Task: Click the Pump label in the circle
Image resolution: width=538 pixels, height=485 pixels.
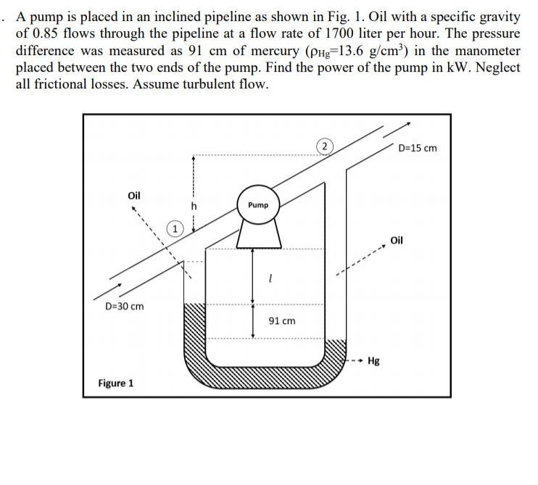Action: tap(257, 205)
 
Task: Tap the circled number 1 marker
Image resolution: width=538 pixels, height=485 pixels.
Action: tap(175, 230)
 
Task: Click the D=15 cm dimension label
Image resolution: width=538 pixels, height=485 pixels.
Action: tap(418, 149)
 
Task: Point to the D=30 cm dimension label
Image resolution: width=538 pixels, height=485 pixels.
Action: tap(125, 306)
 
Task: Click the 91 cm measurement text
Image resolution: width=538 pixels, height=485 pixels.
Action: tap(282, 320)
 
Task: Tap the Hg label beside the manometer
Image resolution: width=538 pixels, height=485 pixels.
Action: tap(374, 360)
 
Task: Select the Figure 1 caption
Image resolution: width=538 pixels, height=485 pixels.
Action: tap(116, 383)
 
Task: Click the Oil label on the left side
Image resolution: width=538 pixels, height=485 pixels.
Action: tap(134, 196)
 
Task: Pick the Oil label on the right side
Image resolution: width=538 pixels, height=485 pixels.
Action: tap(397, 241)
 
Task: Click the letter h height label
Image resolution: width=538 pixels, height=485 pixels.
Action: tap(194, 206)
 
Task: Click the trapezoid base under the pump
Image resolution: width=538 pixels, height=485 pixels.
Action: tap(258, 234)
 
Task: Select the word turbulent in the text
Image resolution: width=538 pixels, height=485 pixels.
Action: tap(214, 83)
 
